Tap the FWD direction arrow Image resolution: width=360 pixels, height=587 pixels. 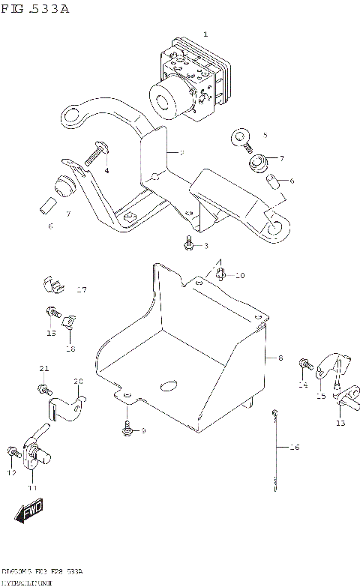[28, 512]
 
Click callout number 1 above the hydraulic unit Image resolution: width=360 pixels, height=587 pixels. [206, 34]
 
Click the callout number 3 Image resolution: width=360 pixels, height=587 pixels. [207, 245]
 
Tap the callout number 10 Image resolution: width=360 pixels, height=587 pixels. [240, 276]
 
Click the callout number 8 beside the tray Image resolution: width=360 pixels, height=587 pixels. [280, 359]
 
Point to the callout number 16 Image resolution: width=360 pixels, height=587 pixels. [294, 447]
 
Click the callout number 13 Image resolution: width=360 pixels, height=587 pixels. [340, 423]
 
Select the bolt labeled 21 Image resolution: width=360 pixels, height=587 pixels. [42, 388]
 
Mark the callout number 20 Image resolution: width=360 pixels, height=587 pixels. [78, 382]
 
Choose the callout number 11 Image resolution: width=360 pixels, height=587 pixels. [31, 487]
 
